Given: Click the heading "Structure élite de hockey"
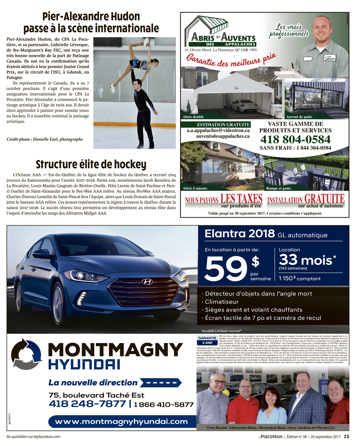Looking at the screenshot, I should (91, 164).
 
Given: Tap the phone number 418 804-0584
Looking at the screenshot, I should (295, 139).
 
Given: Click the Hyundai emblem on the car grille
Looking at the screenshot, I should (147, 281).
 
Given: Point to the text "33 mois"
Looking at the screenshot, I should (305, 259).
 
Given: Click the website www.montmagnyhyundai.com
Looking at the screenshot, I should (121, 421).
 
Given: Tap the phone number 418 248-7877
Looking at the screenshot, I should (87, 404).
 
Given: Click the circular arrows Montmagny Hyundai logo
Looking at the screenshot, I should (27, 354).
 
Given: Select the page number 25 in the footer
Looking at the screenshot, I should (346, 436).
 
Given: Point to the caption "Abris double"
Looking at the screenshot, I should (193, 117).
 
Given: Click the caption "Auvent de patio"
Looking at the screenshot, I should (299, 117).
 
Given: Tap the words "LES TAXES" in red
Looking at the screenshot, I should (241, 199).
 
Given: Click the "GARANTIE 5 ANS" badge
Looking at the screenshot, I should (207, 340).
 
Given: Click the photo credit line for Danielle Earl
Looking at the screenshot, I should (45, 139).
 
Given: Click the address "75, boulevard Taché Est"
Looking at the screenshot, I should (96, 395).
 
